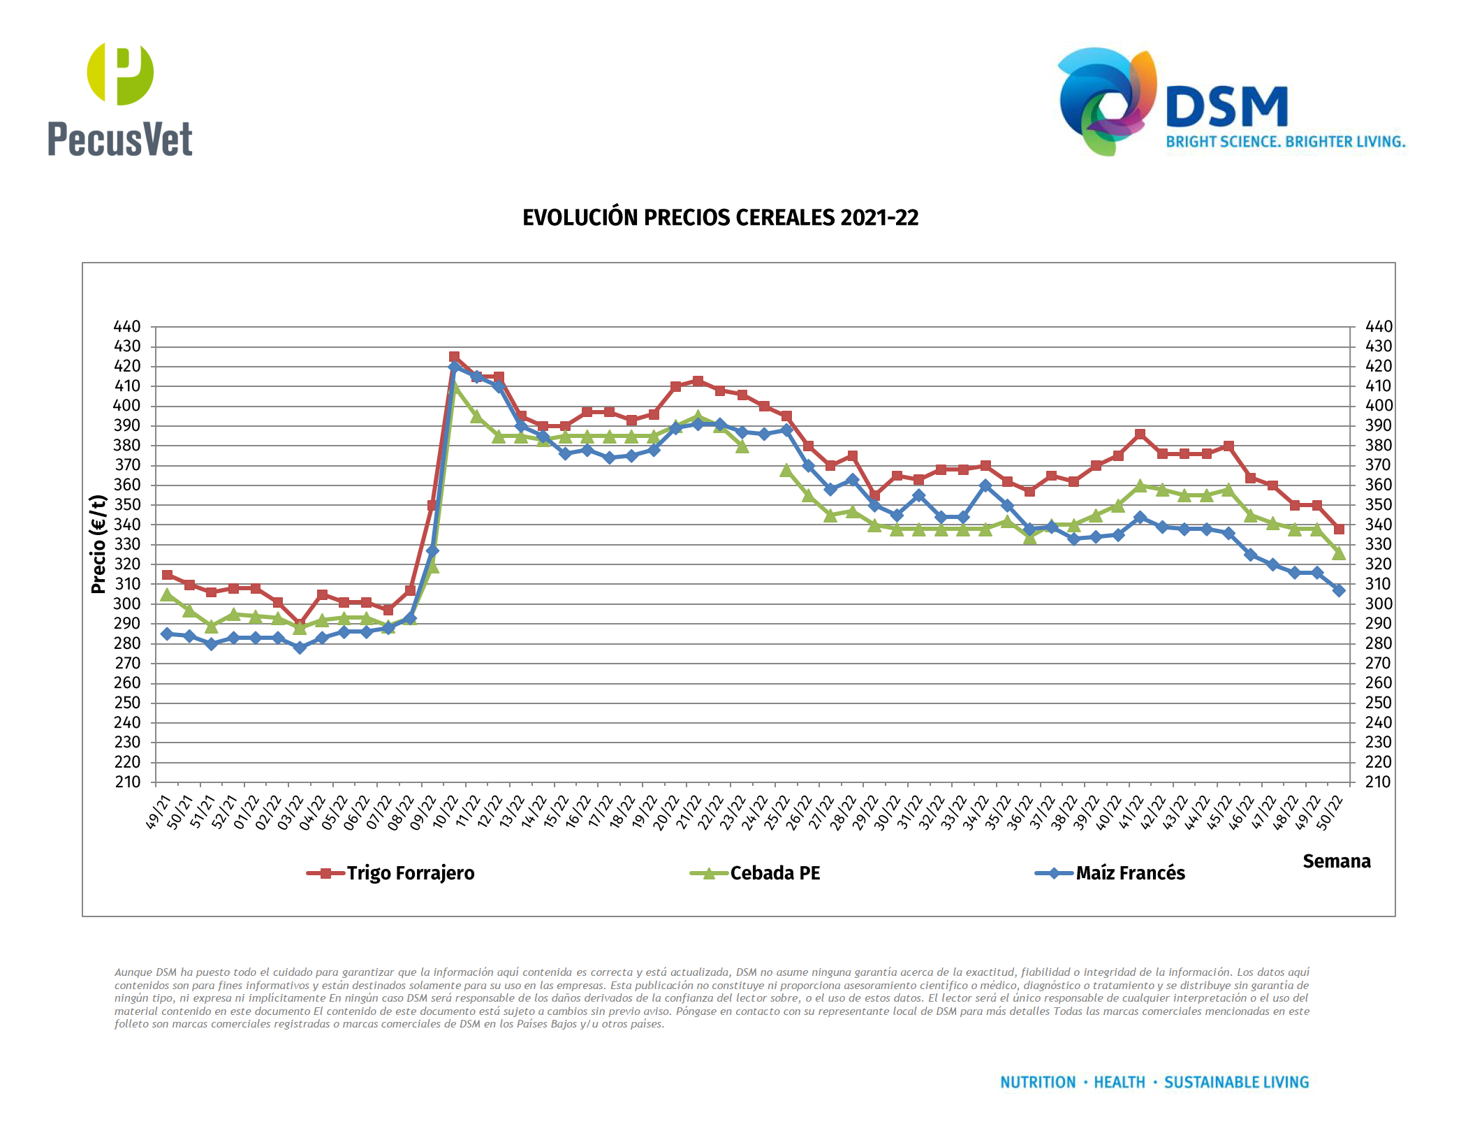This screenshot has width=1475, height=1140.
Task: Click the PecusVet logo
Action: click(x=120, y=99)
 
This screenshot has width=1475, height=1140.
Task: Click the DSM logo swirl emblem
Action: click(x=1107, y=101)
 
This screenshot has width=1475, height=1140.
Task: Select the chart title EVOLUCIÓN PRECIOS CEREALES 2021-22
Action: click(x=720, y=218)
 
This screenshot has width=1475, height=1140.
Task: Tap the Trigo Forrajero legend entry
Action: click(x=410, y=873)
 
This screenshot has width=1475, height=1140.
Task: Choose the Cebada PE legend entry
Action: click(x=775, y=873)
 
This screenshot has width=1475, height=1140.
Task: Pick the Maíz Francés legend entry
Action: click(x=1129, y=873)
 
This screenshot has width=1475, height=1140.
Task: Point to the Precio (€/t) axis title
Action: click(x=98, y=544)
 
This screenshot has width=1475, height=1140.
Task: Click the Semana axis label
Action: click(x=1336, y=861)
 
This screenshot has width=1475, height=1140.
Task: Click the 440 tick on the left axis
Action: click(x=127, y=327)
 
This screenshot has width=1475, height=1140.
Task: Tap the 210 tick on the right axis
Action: click(x=1379, y=782)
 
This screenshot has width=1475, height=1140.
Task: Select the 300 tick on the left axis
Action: click(x=127, y=604)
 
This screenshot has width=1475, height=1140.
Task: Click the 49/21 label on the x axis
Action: click(x=159, y=812)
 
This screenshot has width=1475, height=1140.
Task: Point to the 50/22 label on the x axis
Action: click(x=1330, y=812)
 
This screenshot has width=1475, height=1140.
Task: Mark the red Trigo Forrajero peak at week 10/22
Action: click(x=455, y=357)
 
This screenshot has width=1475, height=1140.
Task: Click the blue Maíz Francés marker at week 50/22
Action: click(x=1339, y=590)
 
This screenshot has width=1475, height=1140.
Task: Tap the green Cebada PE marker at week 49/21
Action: click(x=167, y=595)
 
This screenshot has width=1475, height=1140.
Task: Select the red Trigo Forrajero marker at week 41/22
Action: click(x=1140, y=434)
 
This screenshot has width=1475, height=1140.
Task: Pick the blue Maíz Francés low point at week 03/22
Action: click(x=300, y=648)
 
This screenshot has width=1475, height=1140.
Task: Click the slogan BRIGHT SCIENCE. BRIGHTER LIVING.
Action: click(x=1285, y=142)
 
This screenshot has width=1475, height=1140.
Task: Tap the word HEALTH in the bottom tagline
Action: click(x=1119, y=1083)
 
